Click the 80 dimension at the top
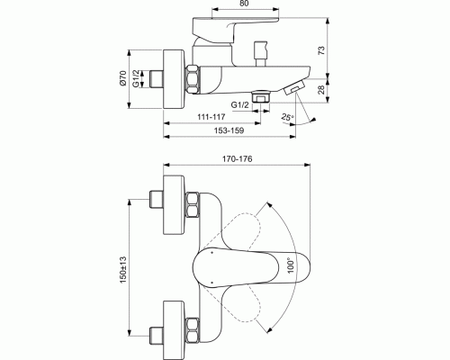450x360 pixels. [x=245, y=4]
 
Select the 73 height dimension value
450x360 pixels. [x=321, y=50]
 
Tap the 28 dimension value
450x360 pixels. [x=321, y=90]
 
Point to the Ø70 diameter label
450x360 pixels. [x=123, y=78]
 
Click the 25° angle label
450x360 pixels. [x=287, y=117]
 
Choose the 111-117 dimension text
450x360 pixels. [x=211, y=116]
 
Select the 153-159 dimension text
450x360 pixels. [x=229, y=130]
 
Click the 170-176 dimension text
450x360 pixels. [x=237, y=158]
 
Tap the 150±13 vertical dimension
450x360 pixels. [x=123, y=270]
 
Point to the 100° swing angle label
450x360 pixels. [x=291, y=265]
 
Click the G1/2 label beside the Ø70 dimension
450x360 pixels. [x=136, y=78]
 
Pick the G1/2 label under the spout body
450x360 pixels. [x=240, y=105]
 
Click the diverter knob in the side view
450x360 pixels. [x=260, y=54]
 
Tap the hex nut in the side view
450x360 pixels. [x=193, y=79]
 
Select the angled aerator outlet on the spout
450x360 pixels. [x=294, y=87]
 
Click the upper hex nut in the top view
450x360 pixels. [x=193, y=205]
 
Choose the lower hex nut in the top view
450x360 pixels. [x=193, y=330]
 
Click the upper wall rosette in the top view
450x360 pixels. [x=174, y=205]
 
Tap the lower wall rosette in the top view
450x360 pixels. [x=174, y=330]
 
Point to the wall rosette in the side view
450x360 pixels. [x=174, y=78]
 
